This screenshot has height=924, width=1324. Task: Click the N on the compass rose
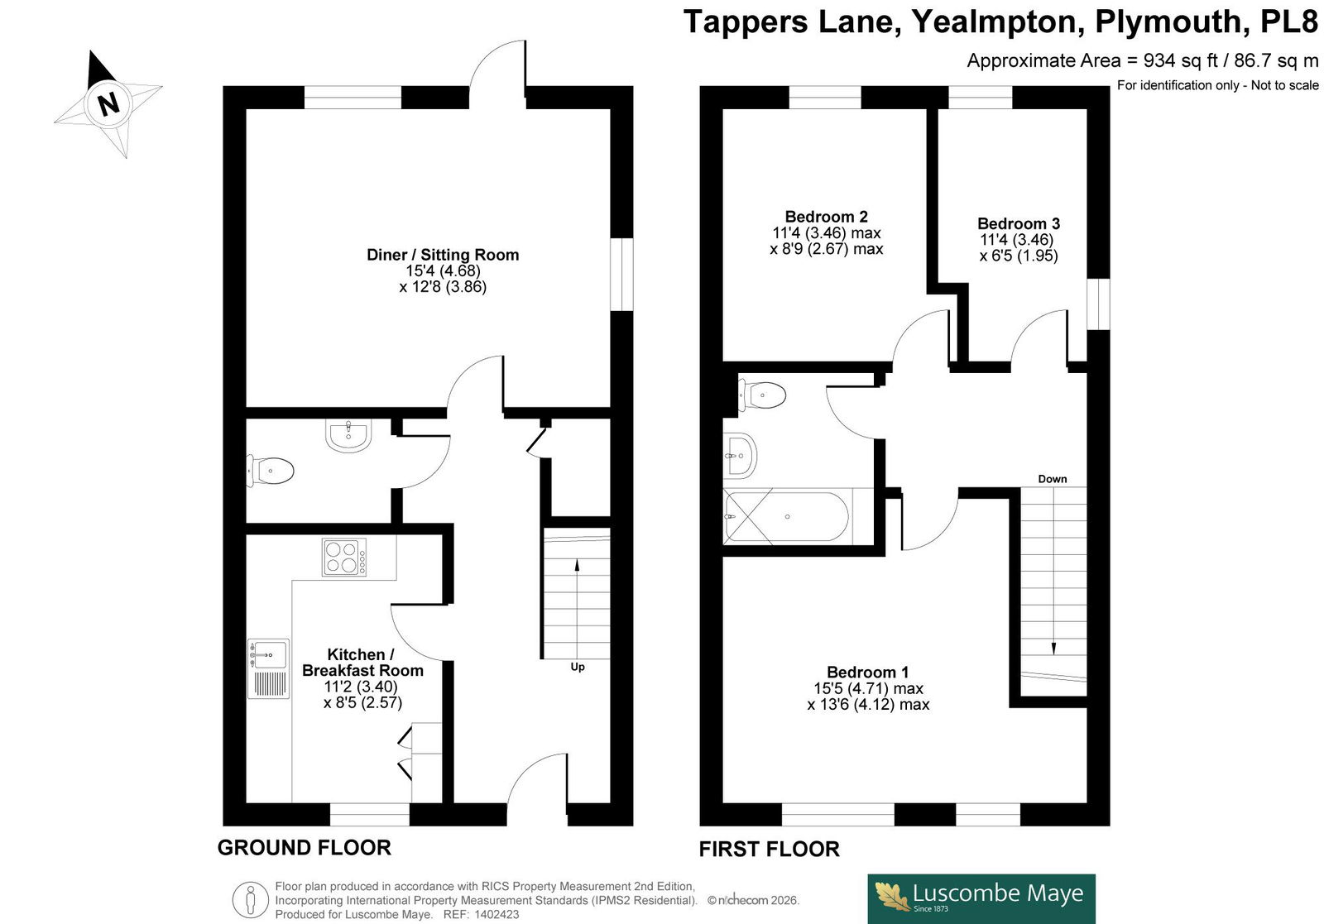tap(108, 104)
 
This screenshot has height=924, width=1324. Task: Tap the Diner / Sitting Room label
tap(443, 255)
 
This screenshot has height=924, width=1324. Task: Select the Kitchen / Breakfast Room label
tap(362, 663)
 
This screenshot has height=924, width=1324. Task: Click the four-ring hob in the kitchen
tap(344, 557)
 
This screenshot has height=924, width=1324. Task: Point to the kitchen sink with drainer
tap(268, 668)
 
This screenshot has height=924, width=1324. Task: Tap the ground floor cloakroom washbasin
tap(348, 435)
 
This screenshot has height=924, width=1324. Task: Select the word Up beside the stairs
tap(578, 667)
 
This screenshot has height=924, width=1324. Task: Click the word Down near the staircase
tap(1053, 478)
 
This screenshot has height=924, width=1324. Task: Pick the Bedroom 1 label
tap(868, 672)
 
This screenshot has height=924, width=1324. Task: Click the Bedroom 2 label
tap(827, 216)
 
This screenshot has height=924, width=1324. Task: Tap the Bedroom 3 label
tap(1019, 223)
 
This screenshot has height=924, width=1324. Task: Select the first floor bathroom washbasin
tap(740, 456)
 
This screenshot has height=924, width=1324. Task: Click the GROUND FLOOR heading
tap(305, 847)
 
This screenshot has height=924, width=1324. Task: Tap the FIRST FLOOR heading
tap(769, 849)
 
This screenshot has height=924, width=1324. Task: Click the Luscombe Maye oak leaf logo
tap(892, 897)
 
